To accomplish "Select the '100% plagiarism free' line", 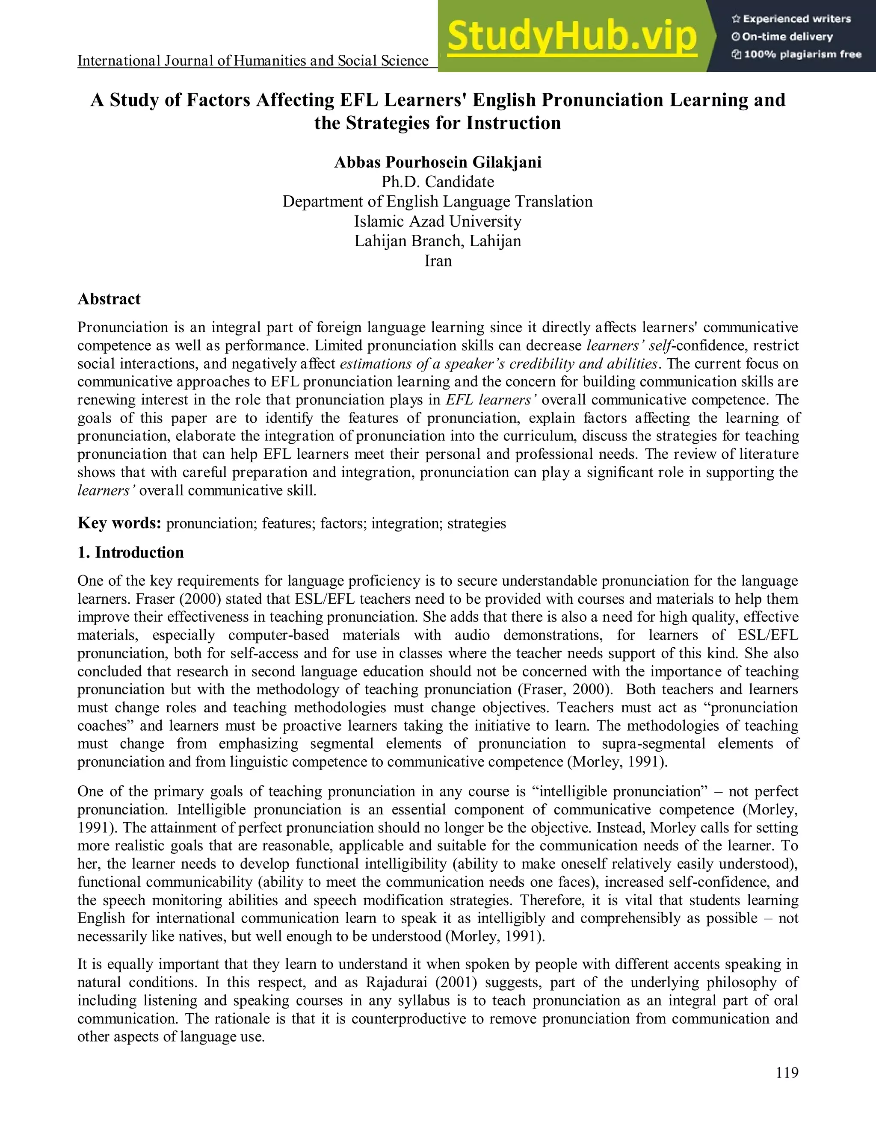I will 797,54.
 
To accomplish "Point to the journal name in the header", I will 253,61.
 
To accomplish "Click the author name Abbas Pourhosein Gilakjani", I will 438,162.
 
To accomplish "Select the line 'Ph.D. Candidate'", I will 438,182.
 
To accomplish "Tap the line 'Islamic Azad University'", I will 438,221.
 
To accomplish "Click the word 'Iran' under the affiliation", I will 438,261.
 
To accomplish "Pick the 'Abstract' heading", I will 109,299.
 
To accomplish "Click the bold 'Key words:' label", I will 119,523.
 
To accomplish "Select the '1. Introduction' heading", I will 131,552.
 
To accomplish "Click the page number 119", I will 787,1073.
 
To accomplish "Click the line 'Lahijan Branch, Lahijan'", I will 438,241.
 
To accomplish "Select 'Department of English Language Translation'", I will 438,202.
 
